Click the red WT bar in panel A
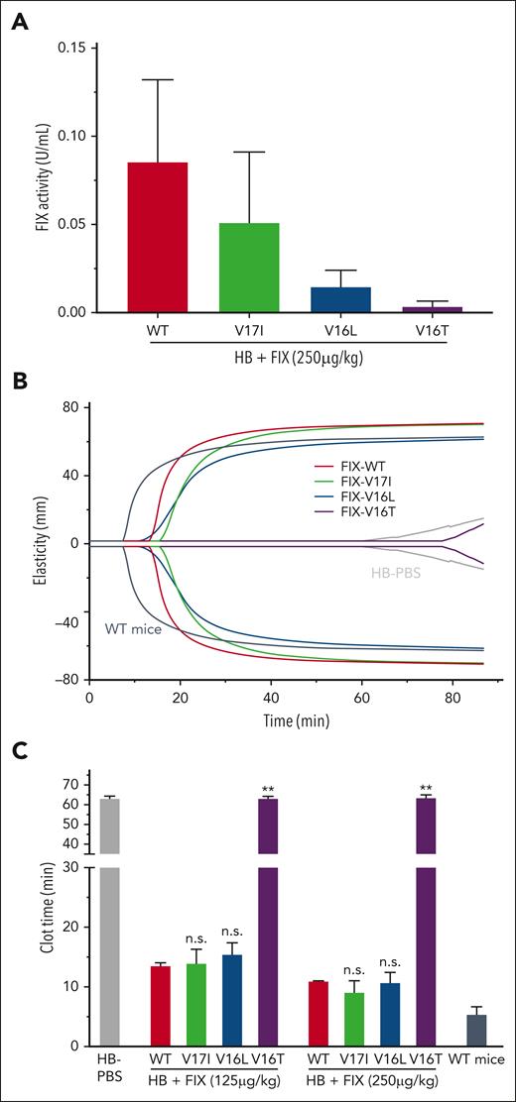pos(158,238)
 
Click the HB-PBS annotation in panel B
pos(388,573)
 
